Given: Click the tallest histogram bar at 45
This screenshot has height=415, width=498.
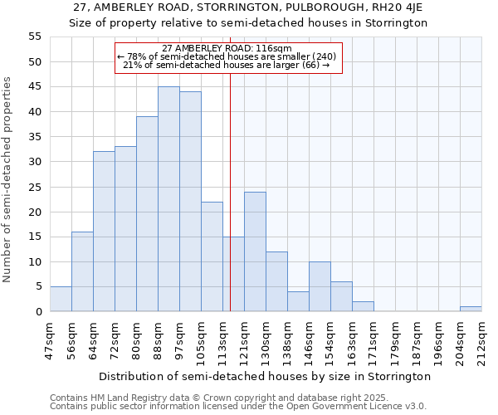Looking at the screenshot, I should click(x=168, y=199).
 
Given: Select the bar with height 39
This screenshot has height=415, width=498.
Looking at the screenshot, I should click(x=147, y=214).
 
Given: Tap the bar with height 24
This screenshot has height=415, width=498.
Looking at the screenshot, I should click(x=255, y=251).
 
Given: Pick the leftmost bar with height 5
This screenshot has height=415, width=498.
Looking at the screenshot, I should click(x=61, y=299).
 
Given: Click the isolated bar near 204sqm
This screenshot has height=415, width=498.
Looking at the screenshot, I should click(x=471, y=309).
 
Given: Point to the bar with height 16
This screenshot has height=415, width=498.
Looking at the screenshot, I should click(x=82, y=271).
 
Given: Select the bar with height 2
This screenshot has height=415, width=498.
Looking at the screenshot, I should click(x=363, y=306).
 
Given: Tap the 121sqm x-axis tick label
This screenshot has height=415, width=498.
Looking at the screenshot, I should click(x=245, y=338).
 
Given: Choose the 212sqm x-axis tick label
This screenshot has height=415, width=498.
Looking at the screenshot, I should click(x=482, y=338).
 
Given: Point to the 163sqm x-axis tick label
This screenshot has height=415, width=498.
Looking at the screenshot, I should click(x=353, y=338).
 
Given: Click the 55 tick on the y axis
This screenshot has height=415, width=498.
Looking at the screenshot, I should click(x=34, y=37).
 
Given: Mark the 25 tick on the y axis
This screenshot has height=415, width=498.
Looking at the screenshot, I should click(x=34, y=187).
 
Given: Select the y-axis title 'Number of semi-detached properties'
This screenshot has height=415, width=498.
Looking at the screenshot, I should click(x=7, y=179).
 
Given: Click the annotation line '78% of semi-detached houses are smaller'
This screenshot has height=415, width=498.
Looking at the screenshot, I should click(x=227, y=56).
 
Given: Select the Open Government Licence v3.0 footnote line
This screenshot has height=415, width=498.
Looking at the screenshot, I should click(x=238, y=406).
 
